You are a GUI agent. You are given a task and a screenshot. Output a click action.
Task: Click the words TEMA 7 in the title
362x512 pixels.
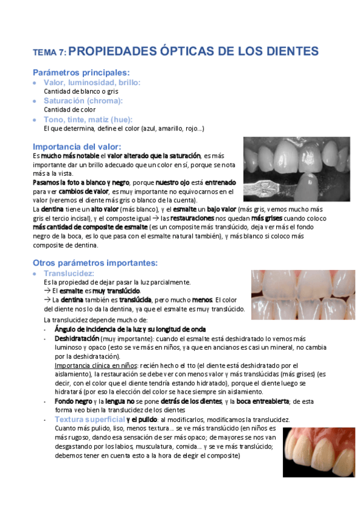coord(50,52)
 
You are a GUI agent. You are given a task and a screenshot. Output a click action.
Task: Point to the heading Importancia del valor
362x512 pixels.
coord(77,146)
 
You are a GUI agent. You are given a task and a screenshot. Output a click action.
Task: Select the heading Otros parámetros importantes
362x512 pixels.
coord(95,263)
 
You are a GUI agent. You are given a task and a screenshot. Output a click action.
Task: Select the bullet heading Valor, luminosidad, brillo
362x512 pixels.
coord(92,82)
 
